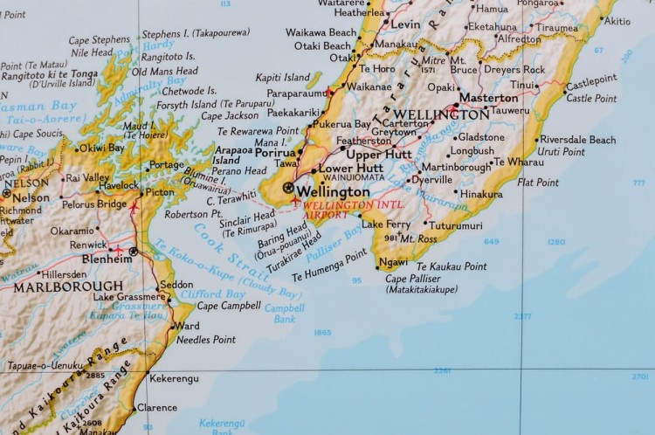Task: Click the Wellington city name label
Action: pyautogui.click(x=334, y=191)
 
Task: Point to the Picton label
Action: pyautogui.click(x=160, y=192)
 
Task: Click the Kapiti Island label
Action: pyautogui.click(x=282, y=78)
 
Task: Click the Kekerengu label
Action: pyautogui.click(x=175, y=378)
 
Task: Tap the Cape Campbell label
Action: pyautogui.click(x=228, y=306)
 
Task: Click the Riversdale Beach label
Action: pyautogui.click(x=577, y=140)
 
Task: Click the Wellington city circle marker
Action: pyautogui.click(x=288, y=188)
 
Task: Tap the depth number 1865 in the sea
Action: pyautogui.click(x=322, y=332)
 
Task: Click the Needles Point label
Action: pyautogui.click(x=206, y=339)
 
